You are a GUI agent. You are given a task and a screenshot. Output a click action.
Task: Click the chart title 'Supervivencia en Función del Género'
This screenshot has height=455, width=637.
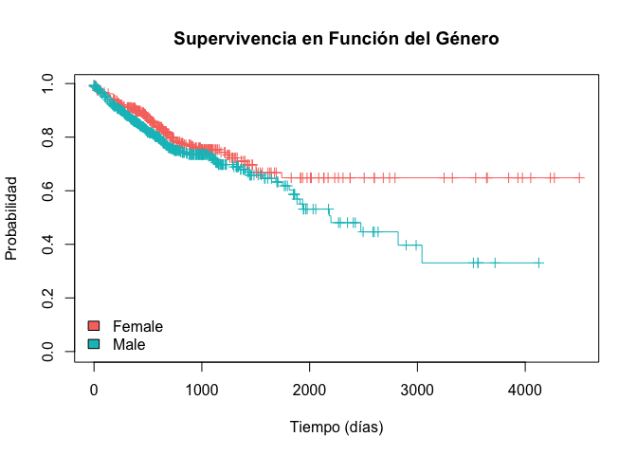[337, 39]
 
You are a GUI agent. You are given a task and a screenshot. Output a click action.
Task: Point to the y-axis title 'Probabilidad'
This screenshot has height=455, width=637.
[12, 217]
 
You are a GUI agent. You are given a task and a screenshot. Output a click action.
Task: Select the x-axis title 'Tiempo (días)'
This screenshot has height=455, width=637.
[337, 427]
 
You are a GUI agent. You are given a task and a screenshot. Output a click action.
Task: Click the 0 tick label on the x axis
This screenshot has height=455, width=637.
[93, 390]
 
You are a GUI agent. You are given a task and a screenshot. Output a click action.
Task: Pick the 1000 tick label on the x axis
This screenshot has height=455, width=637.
[201, 390]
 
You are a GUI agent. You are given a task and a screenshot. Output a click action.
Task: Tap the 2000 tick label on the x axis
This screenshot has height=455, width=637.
[309, 390]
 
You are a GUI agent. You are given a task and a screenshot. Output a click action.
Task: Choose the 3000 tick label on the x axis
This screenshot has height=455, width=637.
[417, 390]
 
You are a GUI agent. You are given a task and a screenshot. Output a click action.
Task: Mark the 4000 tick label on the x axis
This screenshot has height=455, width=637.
[524, 390]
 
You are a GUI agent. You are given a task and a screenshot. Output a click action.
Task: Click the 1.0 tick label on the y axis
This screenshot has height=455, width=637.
[48, 84]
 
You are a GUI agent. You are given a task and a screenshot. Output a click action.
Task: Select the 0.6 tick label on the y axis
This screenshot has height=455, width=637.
[48, 191]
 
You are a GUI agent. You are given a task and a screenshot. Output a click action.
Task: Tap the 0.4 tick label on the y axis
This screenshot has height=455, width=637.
[48, 245]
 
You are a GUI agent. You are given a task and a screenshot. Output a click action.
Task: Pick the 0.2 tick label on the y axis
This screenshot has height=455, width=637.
[48, 299]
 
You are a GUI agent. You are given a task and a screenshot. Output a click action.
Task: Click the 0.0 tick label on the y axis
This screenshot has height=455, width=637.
[48, 352]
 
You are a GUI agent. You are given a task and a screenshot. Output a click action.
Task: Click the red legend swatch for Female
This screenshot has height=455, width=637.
[93, 326]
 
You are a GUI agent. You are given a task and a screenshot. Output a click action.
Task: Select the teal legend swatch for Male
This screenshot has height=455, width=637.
[93, 344]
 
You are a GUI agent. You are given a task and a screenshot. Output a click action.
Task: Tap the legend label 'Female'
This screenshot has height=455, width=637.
[137, 326]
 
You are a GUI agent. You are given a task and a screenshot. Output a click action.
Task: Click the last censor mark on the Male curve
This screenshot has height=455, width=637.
[538, 263]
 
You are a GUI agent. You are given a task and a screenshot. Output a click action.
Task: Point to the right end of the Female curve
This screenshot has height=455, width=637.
[583, 177]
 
